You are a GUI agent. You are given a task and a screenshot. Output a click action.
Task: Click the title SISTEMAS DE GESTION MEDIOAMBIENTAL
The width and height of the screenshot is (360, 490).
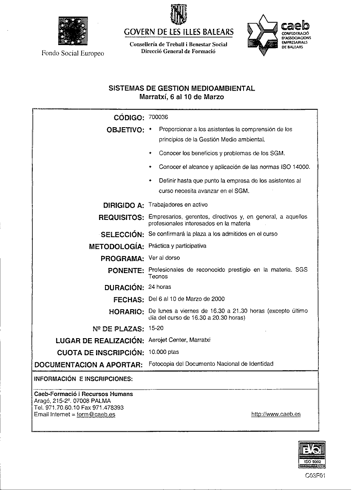(181, 88)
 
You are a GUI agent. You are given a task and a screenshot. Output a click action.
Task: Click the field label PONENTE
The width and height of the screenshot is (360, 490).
(126, 271)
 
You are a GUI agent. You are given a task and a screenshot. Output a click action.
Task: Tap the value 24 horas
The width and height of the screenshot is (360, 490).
(160, 287)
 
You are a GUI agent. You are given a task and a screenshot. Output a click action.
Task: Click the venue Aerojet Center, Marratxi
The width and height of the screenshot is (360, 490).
(179, 340)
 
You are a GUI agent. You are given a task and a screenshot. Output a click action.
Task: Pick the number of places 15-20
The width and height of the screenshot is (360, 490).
(156, 328)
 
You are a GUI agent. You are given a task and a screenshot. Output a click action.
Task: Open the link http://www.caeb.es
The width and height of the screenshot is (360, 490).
(276, 414)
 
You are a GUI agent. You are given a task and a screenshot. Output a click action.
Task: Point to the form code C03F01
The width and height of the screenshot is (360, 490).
(315, 476)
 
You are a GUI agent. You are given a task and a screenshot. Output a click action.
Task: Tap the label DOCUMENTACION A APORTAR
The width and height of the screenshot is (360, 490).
(88, 365)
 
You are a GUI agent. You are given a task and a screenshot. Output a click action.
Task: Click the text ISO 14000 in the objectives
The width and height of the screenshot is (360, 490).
(295, 167)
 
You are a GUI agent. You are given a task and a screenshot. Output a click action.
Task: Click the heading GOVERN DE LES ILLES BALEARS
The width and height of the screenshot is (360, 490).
(179, 32)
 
